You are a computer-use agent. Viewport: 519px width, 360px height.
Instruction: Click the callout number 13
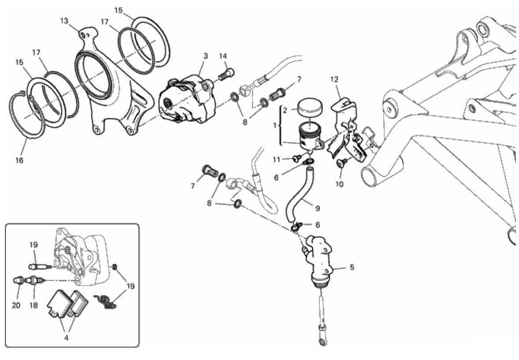tap(64, 21)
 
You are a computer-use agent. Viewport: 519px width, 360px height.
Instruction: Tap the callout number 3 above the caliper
tap(206, 56)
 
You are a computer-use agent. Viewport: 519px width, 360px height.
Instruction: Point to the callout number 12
tap(335, 79)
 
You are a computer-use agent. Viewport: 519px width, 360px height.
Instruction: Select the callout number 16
tap(19, 160)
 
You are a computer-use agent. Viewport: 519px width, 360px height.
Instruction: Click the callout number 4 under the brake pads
tap(66, 338)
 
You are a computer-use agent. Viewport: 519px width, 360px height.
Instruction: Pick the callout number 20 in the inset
tap(16, 305)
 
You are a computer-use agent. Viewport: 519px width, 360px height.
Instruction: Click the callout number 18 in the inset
tap(34, 305)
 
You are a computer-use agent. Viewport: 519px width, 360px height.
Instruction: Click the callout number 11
tap(277, 160)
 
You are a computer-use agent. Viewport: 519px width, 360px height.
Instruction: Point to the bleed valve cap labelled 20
tap(19, 281)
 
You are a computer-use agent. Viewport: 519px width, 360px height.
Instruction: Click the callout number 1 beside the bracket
tap(274, 126)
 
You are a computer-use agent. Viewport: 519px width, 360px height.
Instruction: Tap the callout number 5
tap(352, 267)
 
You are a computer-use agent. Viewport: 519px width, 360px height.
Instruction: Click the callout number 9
tap(317, 208)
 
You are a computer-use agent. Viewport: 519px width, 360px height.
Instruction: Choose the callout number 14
tap(223, 56)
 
